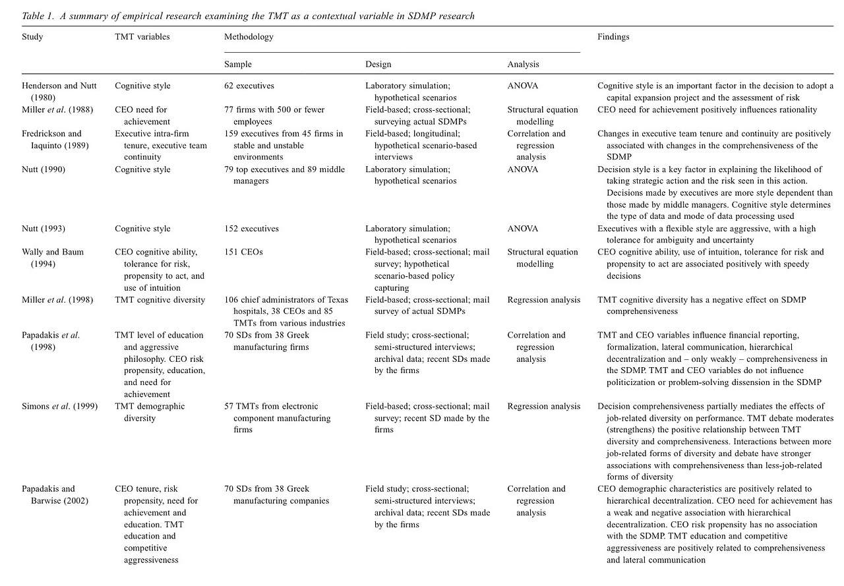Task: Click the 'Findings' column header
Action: point(613,37)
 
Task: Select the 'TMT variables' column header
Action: point(142,37)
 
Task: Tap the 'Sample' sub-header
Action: point(237,64)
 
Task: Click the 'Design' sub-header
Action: point(378,64)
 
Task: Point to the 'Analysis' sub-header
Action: point(523,64)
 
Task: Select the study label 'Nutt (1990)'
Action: point(44,169)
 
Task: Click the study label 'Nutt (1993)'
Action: point(44,229)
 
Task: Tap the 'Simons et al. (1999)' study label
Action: point(59,406)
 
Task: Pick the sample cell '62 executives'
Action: point(249,86)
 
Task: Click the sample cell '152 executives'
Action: point(251,229)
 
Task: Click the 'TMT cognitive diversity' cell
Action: point(160,300)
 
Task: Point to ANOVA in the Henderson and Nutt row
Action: point(522,86)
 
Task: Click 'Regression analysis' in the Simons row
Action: point(544,406)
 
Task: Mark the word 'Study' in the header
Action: point(32,37)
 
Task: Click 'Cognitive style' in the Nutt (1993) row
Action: point(142,229)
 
